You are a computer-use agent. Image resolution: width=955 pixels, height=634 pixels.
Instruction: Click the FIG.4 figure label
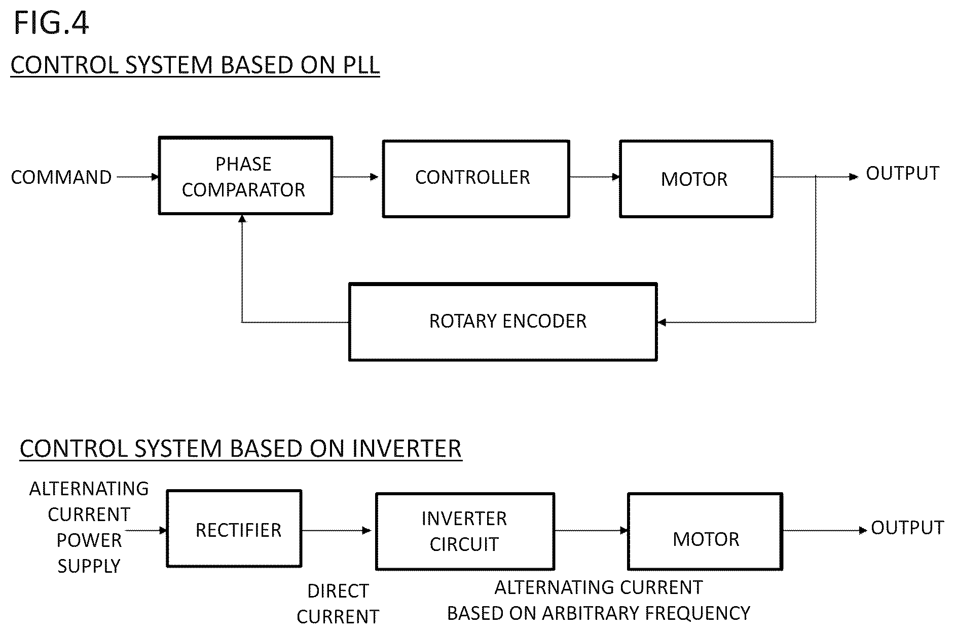[51, 23]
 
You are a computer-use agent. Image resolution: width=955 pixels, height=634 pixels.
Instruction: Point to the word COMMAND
[61, 177]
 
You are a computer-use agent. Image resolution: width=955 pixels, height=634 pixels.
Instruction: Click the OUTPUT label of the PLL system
[902, 173]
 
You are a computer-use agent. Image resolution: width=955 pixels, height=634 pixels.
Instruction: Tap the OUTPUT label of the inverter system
[907, 528]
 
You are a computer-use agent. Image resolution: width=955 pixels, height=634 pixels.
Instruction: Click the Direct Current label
[338, 604]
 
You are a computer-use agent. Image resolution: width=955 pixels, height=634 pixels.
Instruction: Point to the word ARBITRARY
[591, 613]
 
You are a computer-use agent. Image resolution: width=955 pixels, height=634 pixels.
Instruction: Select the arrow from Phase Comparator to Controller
[355, 177]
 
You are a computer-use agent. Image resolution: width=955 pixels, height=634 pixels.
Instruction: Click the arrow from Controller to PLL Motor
[595, 177]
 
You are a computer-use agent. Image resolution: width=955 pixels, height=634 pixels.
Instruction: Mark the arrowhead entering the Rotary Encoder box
[662, 322]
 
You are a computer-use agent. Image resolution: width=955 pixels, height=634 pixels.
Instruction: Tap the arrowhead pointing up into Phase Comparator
[242, 219]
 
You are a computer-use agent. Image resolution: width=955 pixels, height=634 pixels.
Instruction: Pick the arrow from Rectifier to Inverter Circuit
[337, 531]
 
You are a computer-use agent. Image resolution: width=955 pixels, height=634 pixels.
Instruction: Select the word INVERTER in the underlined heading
[407, 449]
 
